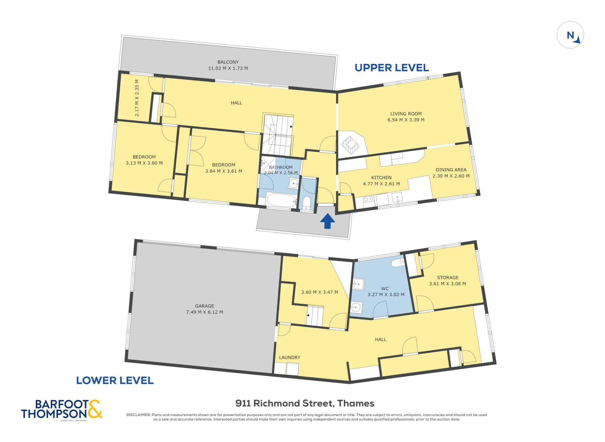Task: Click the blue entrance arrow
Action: (328, 221)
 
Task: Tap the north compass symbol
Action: (570, 35)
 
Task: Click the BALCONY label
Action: (228, 62)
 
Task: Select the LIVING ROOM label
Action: (406, 114)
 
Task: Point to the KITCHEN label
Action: (381, 178)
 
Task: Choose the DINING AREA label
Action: (451, 170)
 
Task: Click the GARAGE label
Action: (204, 306)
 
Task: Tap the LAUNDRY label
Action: (290, 357)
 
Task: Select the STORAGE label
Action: (448, 278)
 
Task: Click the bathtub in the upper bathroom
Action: (281, 200)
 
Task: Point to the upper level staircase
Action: (278, 135)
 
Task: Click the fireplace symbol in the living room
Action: (350, 145)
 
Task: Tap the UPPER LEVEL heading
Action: (392, 68)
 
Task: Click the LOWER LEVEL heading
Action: (115, 380)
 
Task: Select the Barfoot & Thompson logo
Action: (61, 410)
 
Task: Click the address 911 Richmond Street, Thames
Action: (305, 403)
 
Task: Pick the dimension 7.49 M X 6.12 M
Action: (204, 312)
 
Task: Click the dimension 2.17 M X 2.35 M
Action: (137, 98)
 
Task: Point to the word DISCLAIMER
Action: (139, 415)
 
